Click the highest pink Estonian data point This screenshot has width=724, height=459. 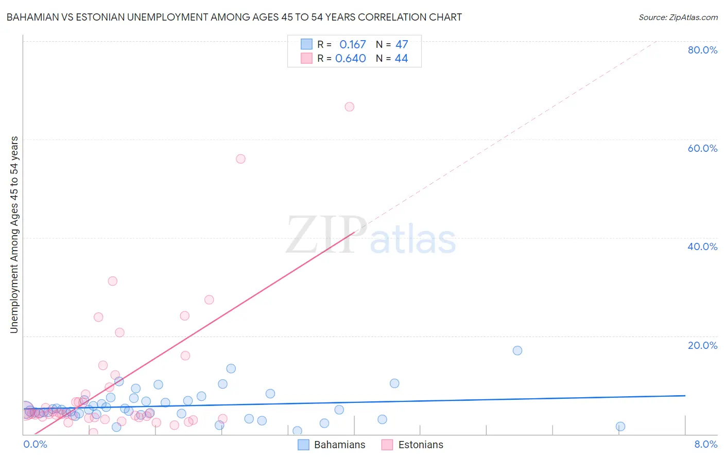click(349, 107)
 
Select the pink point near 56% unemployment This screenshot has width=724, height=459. click(240, 159)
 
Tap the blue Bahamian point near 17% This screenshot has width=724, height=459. click(518, 350)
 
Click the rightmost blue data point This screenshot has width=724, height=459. click(620, 427)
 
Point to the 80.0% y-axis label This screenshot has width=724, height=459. click(702, 50)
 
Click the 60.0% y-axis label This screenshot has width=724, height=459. click(702, 148)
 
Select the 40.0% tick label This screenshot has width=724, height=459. click(702, 246)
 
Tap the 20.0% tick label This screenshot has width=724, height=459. click(702, 345)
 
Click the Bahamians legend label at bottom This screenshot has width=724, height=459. click(339, 445)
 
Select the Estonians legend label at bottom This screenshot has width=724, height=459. click(421, 445)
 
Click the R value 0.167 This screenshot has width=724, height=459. click(352, 45)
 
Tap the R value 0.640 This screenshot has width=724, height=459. click(351, 59)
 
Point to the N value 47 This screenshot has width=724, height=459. click(402, 45)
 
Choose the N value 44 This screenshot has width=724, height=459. click(402, 59)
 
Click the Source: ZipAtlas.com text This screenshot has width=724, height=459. click(678, 17)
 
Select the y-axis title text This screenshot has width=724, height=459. click(14, 235)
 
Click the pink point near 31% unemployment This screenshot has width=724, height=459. click(112, 281)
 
